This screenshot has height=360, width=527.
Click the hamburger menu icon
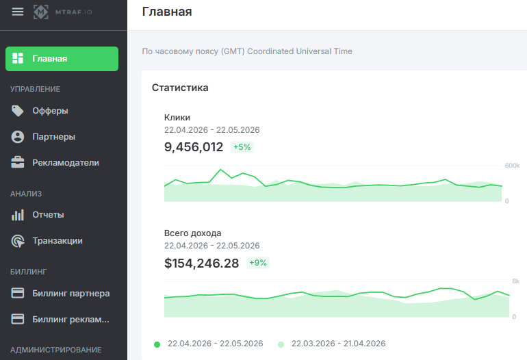click(x=18, y=12)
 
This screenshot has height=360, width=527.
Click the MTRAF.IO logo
click(x=62, y=12)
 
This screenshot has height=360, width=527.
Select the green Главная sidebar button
click(x=62, y=59)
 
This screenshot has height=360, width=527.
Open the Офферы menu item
click(x=50, y=111)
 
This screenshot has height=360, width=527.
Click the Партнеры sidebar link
click(x=54, y=137)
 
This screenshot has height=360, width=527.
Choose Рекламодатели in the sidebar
click(x=66, y=163)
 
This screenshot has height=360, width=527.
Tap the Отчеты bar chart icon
click(x=18, y=215)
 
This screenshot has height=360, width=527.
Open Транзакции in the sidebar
click(x=57, y=241)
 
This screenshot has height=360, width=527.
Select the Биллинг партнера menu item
click(x=71, y=293)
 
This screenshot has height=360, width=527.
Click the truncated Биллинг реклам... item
click(x=70, y=319)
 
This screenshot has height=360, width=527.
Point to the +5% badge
click(x=242, y=147)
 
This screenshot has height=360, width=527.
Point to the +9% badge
click(x=258, y=263)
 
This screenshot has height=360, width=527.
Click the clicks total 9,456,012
click(x=194, y=147)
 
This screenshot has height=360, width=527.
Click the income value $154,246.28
click(x=201, y=263)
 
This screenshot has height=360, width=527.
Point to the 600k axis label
click(x=512, y=166)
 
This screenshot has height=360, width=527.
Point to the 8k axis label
click(x=516, y=281)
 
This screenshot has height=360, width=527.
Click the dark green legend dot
click(x=157, y=344)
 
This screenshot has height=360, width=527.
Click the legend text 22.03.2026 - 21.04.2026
click(x=339, y=344)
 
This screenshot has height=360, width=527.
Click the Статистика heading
click(x=180, y=88)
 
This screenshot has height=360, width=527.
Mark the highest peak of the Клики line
click(x=220, y=170)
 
